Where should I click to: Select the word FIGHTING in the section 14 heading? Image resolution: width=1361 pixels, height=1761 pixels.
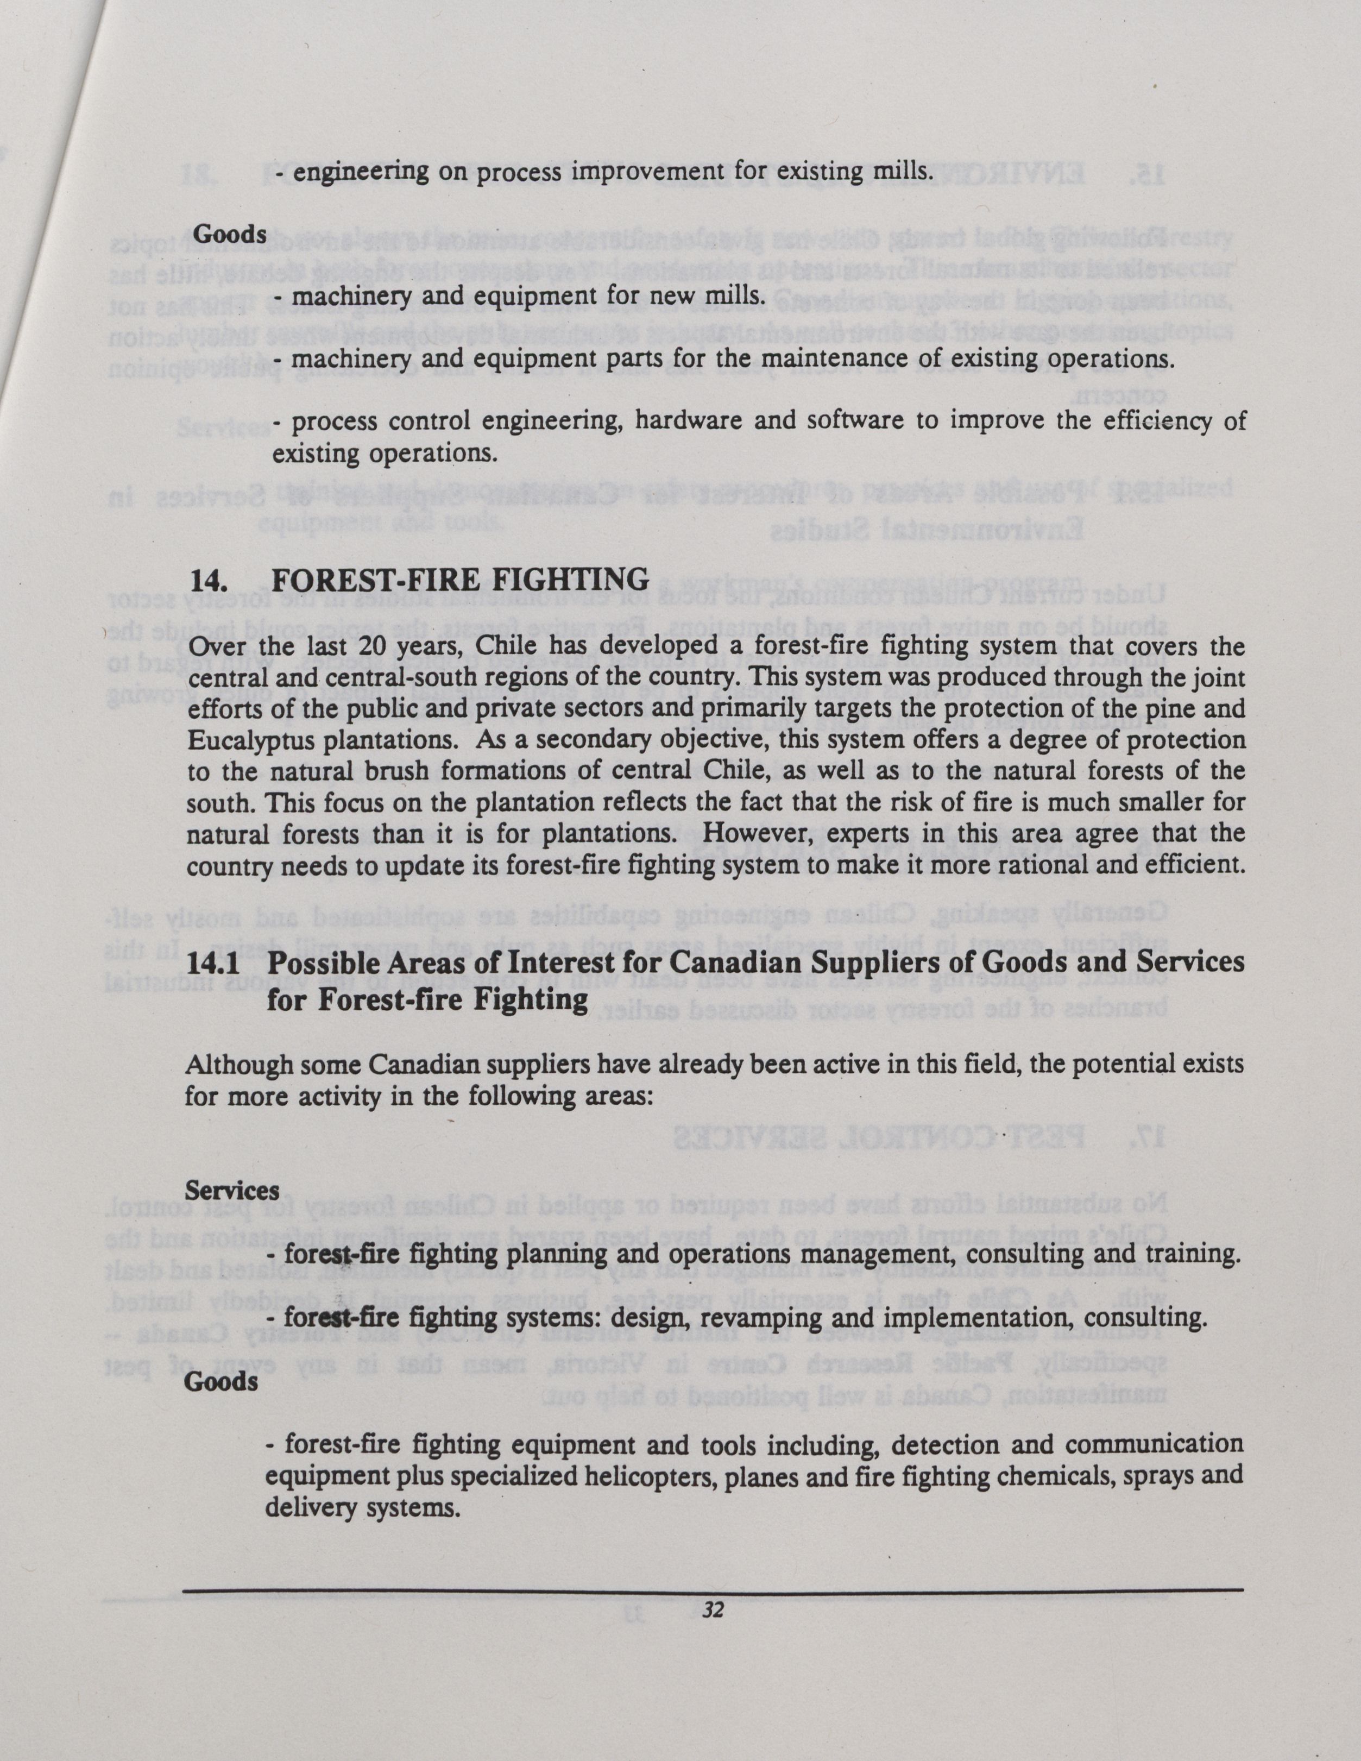(x=577, y=580)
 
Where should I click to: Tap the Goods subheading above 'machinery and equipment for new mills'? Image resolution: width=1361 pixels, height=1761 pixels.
(x=229, y=234)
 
